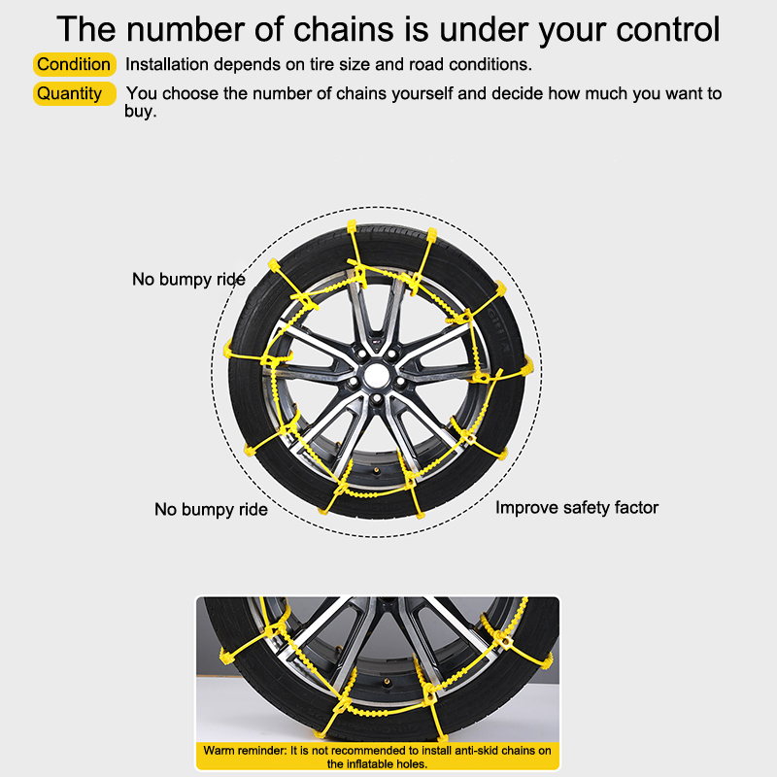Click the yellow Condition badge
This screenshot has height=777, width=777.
pos(75,64)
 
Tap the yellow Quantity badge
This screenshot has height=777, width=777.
pos(75,93)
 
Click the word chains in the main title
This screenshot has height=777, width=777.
pos(343,29)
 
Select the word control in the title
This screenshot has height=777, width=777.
pos(667,29)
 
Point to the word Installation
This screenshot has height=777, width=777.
pos(167,64)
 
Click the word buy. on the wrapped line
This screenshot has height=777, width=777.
pos(140,112)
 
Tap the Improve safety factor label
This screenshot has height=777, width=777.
pos(577,508)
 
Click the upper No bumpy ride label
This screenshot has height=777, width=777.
pos(188,280)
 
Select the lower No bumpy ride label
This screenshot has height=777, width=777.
pos(211,509)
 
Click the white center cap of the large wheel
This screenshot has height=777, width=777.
pos(377,376)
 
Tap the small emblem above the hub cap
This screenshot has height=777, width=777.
pos(377,343)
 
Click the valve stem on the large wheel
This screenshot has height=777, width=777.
pos(376,470)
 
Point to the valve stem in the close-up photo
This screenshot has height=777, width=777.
pos(387,683)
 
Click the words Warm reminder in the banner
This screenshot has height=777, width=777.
pos(245,750)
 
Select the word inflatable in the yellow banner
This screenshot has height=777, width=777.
pos(368,764)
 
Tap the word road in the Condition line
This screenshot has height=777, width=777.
pos(426,64)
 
